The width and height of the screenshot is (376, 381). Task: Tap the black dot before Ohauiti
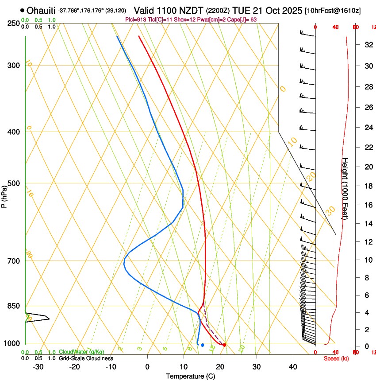coord(22,10)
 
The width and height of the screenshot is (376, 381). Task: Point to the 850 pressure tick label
coord(14,306)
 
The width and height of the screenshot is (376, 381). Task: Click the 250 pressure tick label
coord(14,23)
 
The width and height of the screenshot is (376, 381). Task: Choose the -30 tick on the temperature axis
coord(38,367)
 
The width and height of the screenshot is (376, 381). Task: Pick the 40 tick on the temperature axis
coord(293,367)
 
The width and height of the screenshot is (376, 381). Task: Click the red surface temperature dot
coord(225,345)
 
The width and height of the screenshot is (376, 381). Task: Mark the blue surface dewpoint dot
coord(202,345)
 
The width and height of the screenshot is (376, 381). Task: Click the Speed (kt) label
coord(336,358)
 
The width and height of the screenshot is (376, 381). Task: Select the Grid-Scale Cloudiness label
coord(86,358)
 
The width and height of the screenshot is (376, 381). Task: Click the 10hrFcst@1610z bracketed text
coord(333,11)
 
